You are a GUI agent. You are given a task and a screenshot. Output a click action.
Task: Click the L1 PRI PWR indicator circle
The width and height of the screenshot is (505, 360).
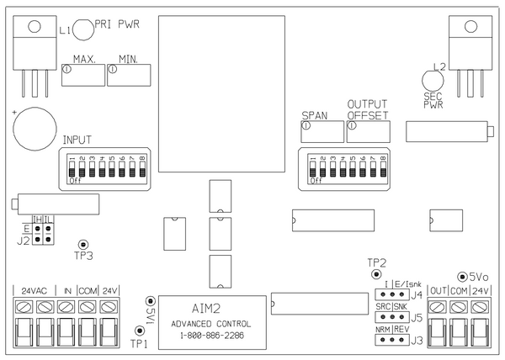point(82,30)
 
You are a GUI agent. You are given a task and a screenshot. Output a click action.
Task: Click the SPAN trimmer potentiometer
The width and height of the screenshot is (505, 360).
point(322,131)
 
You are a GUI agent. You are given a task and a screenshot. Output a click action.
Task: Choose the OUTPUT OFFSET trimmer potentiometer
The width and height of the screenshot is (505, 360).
point(369,131)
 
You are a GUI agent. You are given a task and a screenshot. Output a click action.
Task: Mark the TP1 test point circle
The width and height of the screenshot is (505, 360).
point(139,331)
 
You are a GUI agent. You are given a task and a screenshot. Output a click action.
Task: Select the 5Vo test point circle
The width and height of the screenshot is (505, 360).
point(461,276)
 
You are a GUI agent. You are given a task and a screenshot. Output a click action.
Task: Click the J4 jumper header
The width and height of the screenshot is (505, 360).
point(391,295)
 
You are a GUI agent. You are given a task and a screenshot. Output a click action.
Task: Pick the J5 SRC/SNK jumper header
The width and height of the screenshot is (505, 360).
point(391,319)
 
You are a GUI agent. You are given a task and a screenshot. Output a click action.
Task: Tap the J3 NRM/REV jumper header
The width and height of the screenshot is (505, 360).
point(391,341)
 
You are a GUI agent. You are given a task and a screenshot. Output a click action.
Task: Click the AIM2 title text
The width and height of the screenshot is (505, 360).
point(205,309)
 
